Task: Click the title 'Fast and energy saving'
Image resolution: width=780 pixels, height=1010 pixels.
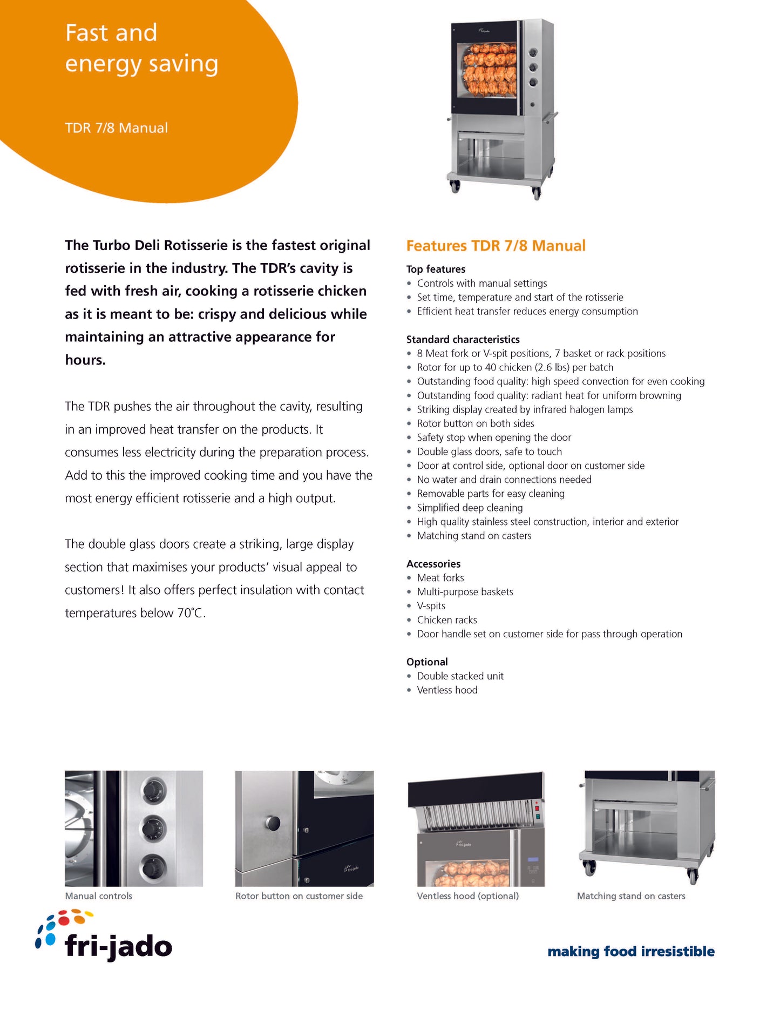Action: [x=141, y=48]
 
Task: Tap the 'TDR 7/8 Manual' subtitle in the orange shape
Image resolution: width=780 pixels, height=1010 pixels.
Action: [x=116, y=128]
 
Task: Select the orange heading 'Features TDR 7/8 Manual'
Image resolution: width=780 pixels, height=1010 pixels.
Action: [x=496, y=246]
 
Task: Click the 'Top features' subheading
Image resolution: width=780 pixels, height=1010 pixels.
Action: [x=436, y=269]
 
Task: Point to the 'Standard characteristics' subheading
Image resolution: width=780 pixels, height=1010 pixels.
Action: [x=463, y=339]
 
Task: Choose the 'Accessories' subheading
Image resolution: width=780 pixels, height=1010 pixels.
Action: [x=433, y=564]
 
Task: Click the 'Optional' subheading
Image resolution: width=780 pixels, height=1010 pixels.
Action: [x=427, y=662]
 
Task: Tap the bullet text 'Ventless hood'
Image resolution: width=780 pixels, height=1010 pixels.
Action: [x=447, y=690]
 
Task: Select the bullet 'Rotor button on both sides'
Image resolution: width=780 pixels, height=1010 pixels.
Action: [x=476, y=423]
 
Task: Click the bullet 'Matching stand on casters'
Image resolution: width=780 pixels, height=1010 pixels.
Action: [x=474, y=536]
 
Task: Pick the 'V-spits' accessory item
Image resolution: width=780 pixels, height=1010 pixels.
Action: [x=431, y=606]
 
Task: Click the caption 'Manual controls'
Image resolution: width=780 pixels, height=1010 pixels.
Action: [x=98, y=896]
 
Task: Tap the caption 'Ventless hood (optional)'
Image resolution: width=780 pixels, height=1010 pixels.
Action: [x=467, y=896]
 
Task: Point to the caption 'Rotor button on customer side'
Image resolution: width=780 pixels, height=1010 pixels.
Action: [x=299, y=896]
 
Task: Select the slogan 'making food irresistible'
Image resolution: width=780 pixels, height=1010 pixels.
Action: [x=631, y=951]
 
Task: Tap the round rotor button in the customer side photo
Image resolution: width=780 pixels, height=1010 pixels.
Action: [x=273, y=823]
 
